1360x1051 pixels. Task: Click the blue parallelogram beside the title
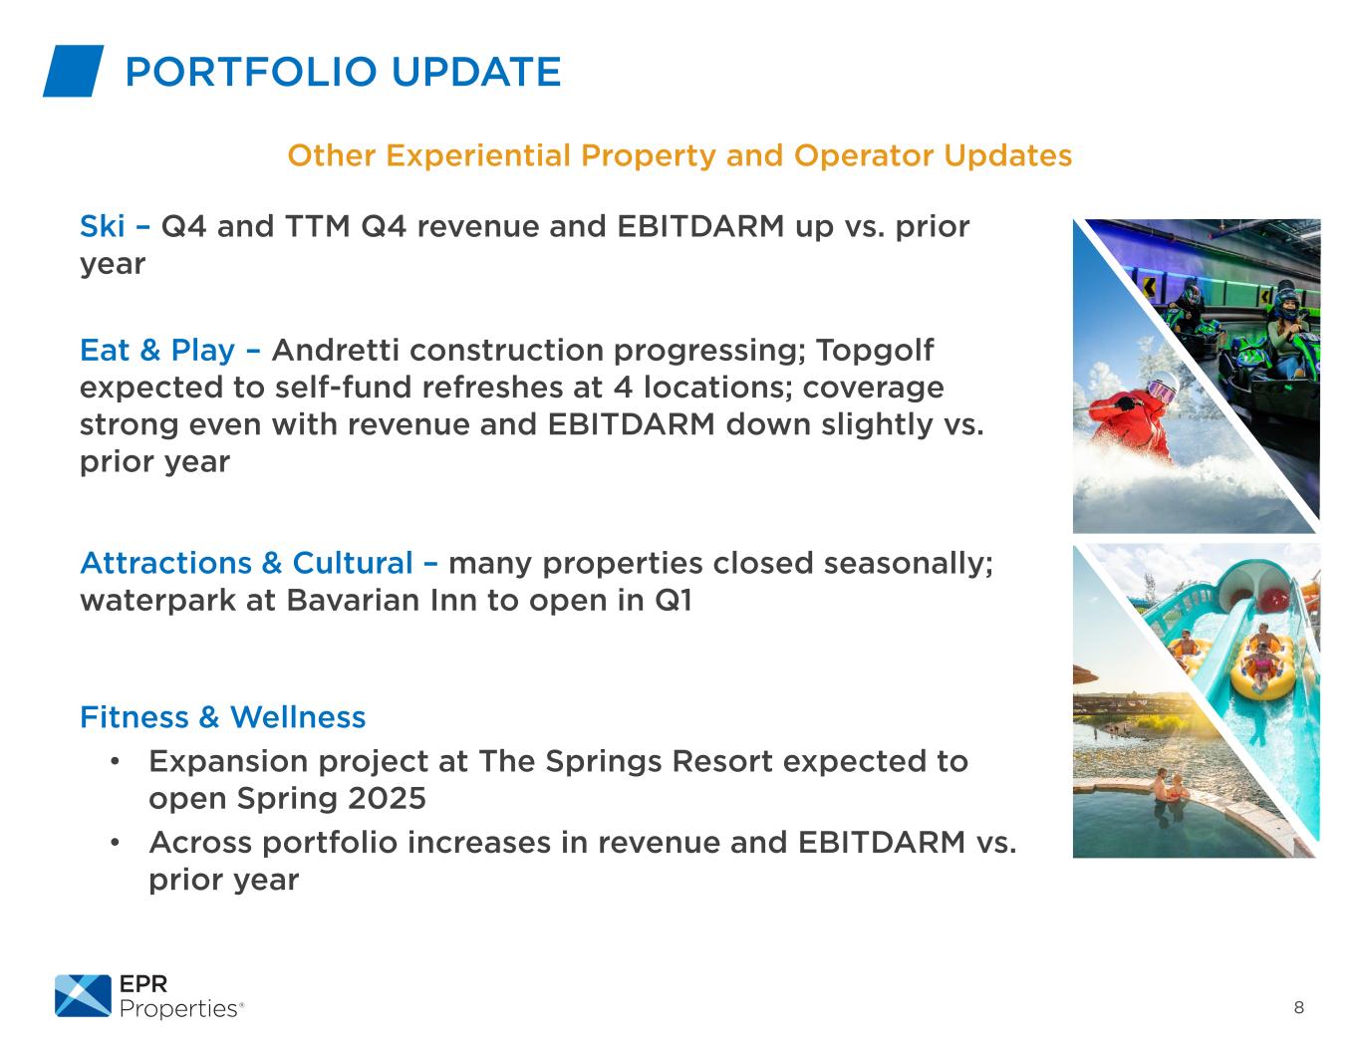pos(73,71)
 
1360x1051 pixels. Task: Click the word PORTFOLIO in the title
pos(251,72)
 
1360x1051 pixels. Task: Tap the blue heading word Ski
pos(102,226)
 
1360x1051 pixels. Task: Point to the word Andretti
pos(335,350)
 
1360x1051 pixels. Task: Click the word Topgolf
pos(875,351)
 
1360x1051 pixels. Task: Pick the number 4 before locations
pos(623,388)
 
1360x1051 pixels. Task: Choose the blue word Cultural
pos(353,563)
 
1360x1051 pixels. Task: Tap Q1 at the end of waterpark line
pos(674,601)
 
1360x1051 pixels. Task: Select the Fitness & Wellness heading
pos(222,717)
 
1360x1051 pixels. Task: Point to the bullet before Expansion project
pos(115,762)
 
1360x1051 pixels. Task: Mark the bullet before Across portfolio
pos(115,843)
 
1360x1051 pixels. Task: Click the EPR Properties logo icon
pos(83,995)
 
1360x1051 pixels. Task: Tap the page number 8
pos(1298,1006)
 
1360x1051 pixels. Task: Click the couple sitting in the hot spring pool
pos(1169,790)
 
